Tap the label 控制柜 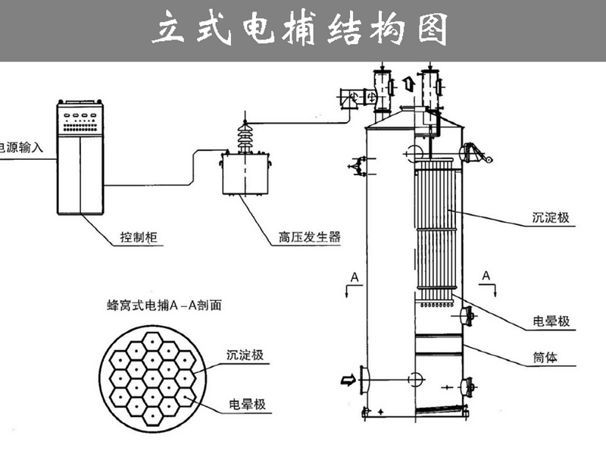tap(138, 237)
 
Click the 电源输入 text tap(21, 148)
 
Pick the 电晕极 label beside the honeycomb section tap(248, 404)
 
